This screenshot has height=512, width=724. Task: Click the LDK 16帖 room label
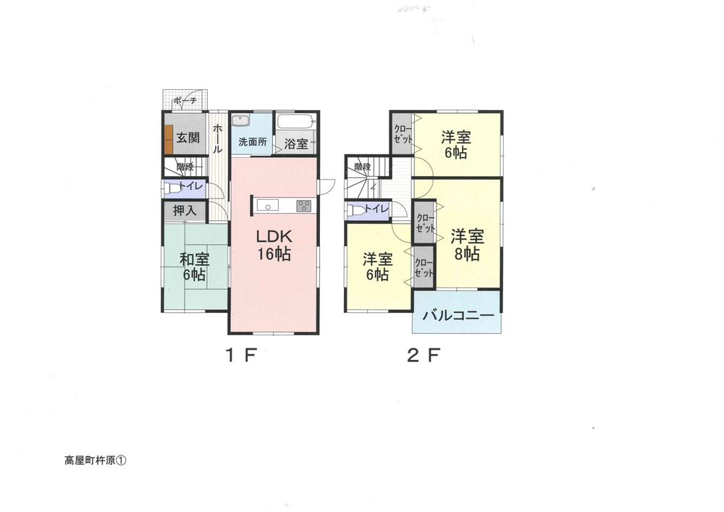coord(272,244)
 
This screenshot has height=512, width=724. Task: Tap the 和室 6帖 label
coord(193,266)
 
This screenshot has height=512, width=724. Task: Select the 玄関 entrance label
coord(188,138)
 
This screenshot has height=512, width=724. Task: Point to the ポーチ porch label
coord(185,101)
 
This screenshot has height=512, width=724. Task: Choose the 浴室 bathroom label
coord(295,143)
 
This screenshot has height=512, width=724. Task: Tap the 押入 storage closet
coord(185,211)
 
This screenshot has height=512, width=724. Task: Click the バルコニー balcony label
coord(458,316)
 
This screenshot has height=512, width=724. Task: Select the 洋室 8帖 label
coord(467,244)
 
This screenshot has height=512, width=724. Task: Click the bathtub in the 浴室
coord(296,122)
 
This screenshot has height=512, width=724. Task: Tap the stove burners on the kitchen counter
coord(303,206)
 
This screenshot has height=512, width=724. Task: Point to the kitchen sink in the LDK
coord(269,206)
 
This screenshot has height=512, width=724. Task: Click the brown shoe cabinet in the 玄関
coord(168,139)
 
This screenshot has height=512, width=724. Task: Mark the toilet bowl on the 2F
coord(355,210)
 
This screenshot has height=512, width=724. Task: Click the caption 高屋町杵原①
coord(94,460)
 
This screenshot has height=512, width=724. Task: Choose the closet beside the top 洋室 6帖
coord(402,134)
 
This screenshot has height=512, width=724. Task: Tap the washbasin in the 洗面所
coord(242,120)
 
